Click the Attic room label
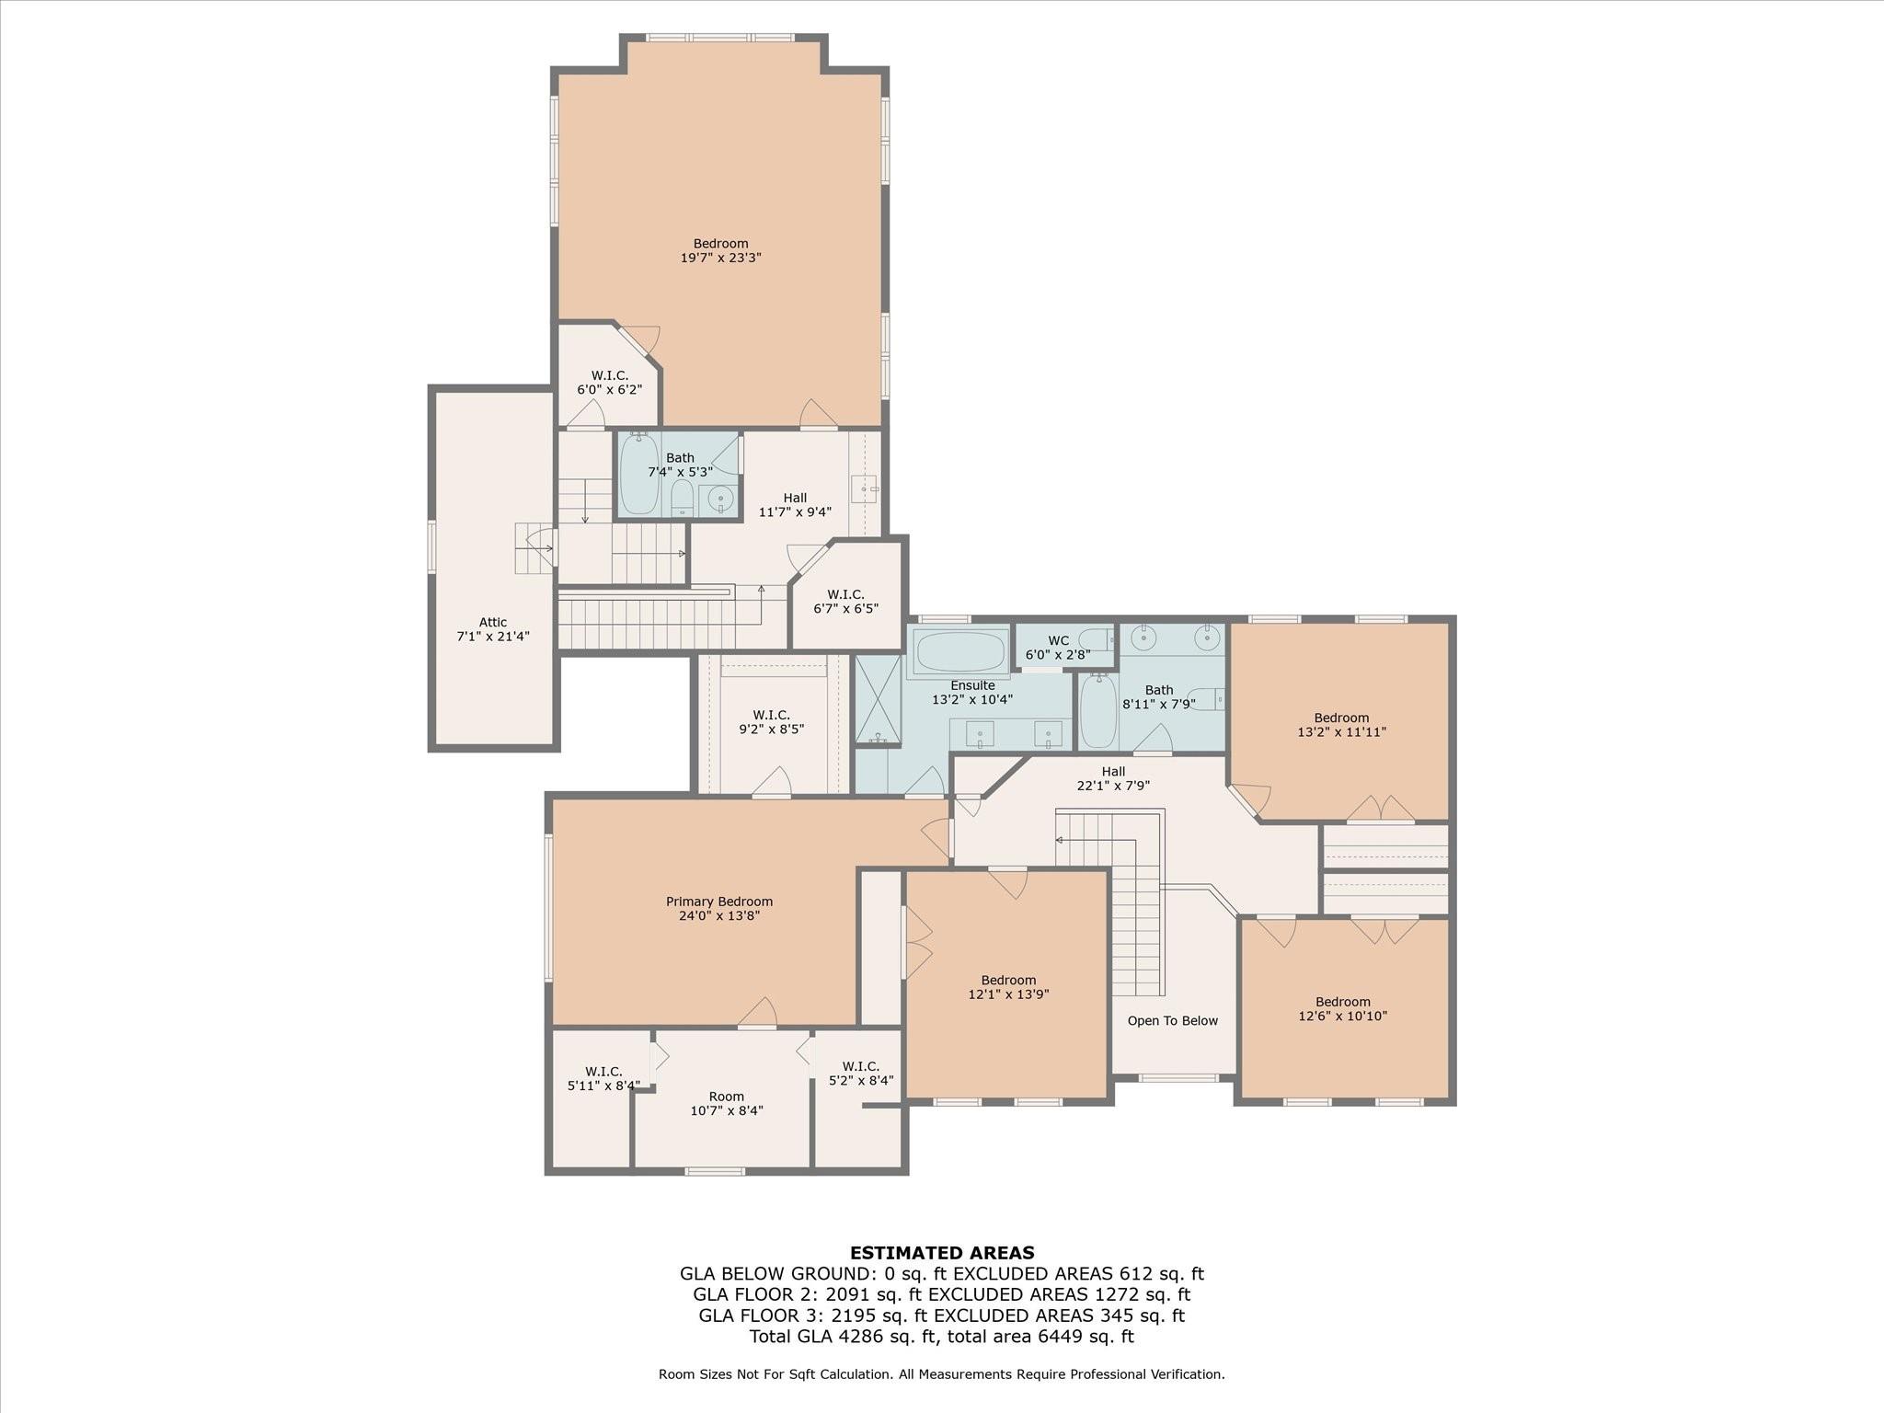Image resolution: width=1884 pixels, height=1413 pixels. pyautogui.click(x=493, y=629)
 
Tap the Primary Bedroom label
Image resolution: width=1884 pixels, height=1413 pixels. pyautogui.click(x=719, y=908)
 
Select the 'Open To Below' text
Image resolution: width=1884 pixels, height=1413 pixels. pyautogui.click(x=1173, y=1020)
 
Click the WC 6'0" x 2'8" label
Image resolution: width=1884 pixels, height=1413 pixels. pyautogui.click(x=1058, y=648)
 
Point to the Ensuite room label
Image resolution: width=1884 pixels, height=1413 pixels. pyautogui.click(x=972, y=692)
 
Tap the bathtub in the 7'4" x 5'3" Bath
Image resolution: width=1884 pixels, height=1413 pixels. pyautogui.click(x=638, y=475)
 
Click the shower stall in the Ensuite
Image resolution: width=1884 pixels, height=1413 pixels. pyautogui.click(x=879, y=699)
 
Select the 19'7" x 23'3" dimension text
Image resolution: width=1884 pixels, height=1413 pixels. pyautogui.click(x=720, y=258)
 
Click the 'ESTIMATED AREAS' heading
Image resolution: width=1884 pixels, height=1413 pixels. pyautogui.click(x=942, y=1252)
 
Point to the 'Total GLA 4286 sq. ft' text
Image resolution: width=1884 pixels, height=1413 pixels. pyautogui.click(x=844, y=1336)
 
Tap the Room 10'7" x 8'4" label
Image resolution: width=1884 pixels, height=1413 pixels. pyautogui.click(x=727, y=1103)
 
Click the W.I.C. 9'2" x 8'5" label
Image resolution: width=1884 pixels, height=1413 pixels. pyautogui.click(x=771, y=722)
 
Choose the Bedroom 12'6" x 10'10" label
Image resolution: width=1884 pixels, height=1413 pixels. pyautogui.click(x=1343, y=1009)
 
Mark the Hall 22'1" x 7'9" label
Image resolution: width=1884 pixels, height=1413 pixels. pyautogui.click(x=1113, y=778)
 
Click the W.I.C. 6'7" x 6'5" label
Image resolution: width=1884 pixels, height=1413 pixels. pyautogui.click(x=845, y=602)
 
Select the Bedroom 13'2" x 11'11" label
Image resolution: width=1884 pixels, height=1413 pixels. pyautogui.click(x=1341, y=725)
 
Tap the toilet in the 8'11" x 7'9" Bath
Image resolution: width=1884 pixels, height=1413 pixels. pyautogui.click(x=1207, y=699)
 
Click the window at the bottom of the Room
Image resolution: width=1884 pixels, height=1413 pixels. pyautogui.click(x=715, y=1171)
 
